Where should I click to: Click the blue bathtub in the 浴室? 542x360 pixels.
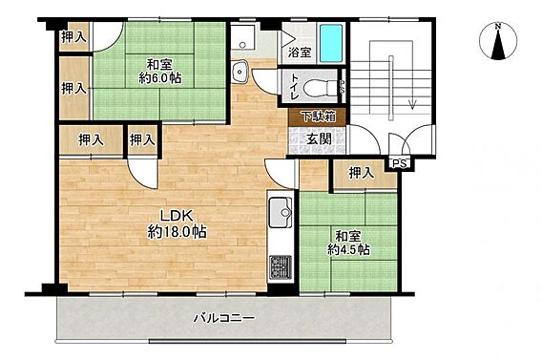331,43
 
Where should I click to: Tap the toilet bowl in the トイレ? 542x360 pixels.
320,89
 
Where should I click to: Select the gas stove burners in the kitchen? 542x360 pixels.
280,267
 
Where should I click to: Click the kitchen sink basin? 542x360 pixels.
280,212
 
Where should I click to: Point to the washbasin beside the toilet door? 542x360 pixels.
239,72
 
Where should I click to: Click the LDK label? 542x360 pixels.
176,216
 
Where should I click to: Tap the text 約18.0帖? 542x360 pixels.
177,231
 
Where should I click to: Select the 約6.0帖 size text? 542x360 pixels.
160,78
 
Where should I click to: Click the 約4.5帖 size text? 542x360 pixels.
348,249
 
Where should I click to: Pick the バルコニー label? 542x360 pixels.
224,318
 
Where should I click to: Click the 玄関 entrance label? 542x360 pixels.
319,138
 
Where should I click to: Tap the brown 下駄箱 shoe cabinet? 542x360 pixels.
318,116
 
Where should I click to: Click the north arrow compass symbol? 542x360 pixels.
498,41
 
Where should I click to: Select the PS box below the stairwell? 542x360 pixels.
400,163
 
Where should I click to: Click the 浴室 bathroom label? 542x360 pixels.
300,53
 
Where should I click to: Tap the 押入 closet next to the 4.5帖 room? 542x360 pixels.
362,173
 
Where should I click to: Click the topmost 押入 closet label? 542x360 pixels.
73,36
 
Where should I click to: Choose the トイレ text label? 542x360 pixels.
294,87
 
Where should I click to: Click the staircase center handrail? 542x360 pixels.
391,88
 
